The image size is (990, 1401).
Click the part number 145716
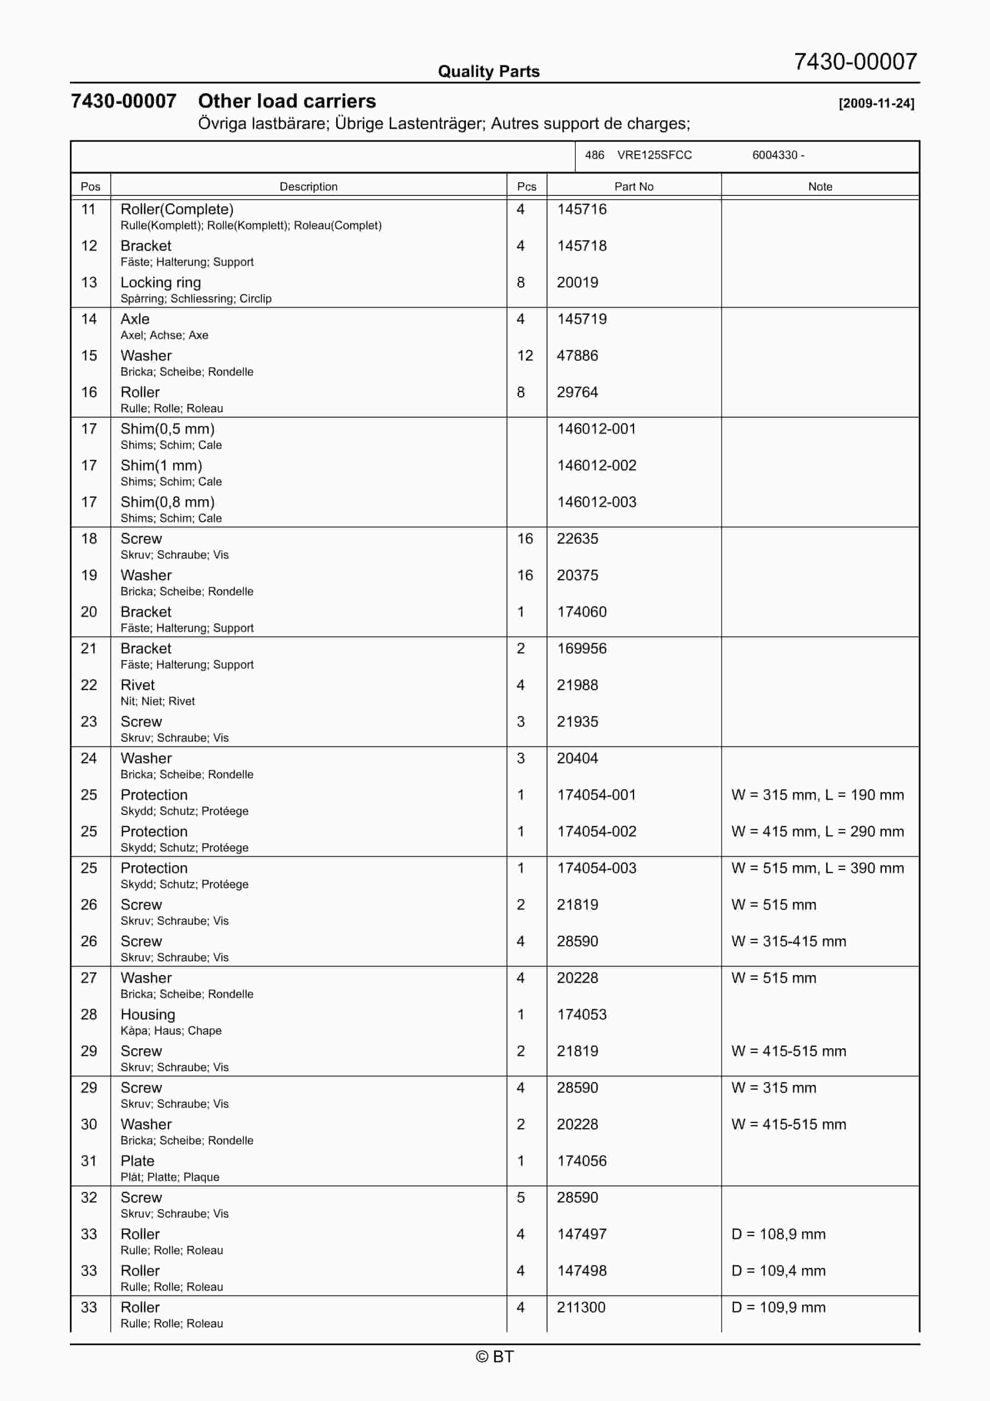[x=581, y=209]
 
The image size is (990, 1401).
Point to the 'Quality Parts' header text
[x=488, y=72]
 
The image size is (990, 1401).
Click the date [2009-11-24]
[x=876, y=103]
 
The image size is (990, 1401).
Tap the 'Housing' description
[x=148, y=1015]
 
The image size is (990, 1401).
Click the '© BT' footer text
[x=495, y=1356]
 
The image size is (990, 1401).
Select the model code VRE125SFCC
[x=654, y=155]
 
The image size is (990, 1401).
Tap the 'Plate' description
[x=137, y=1161]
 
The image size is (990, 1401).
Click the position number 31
[x=89, y=1161]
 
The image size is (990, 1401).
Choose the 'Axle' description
[x=135, y=319]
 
